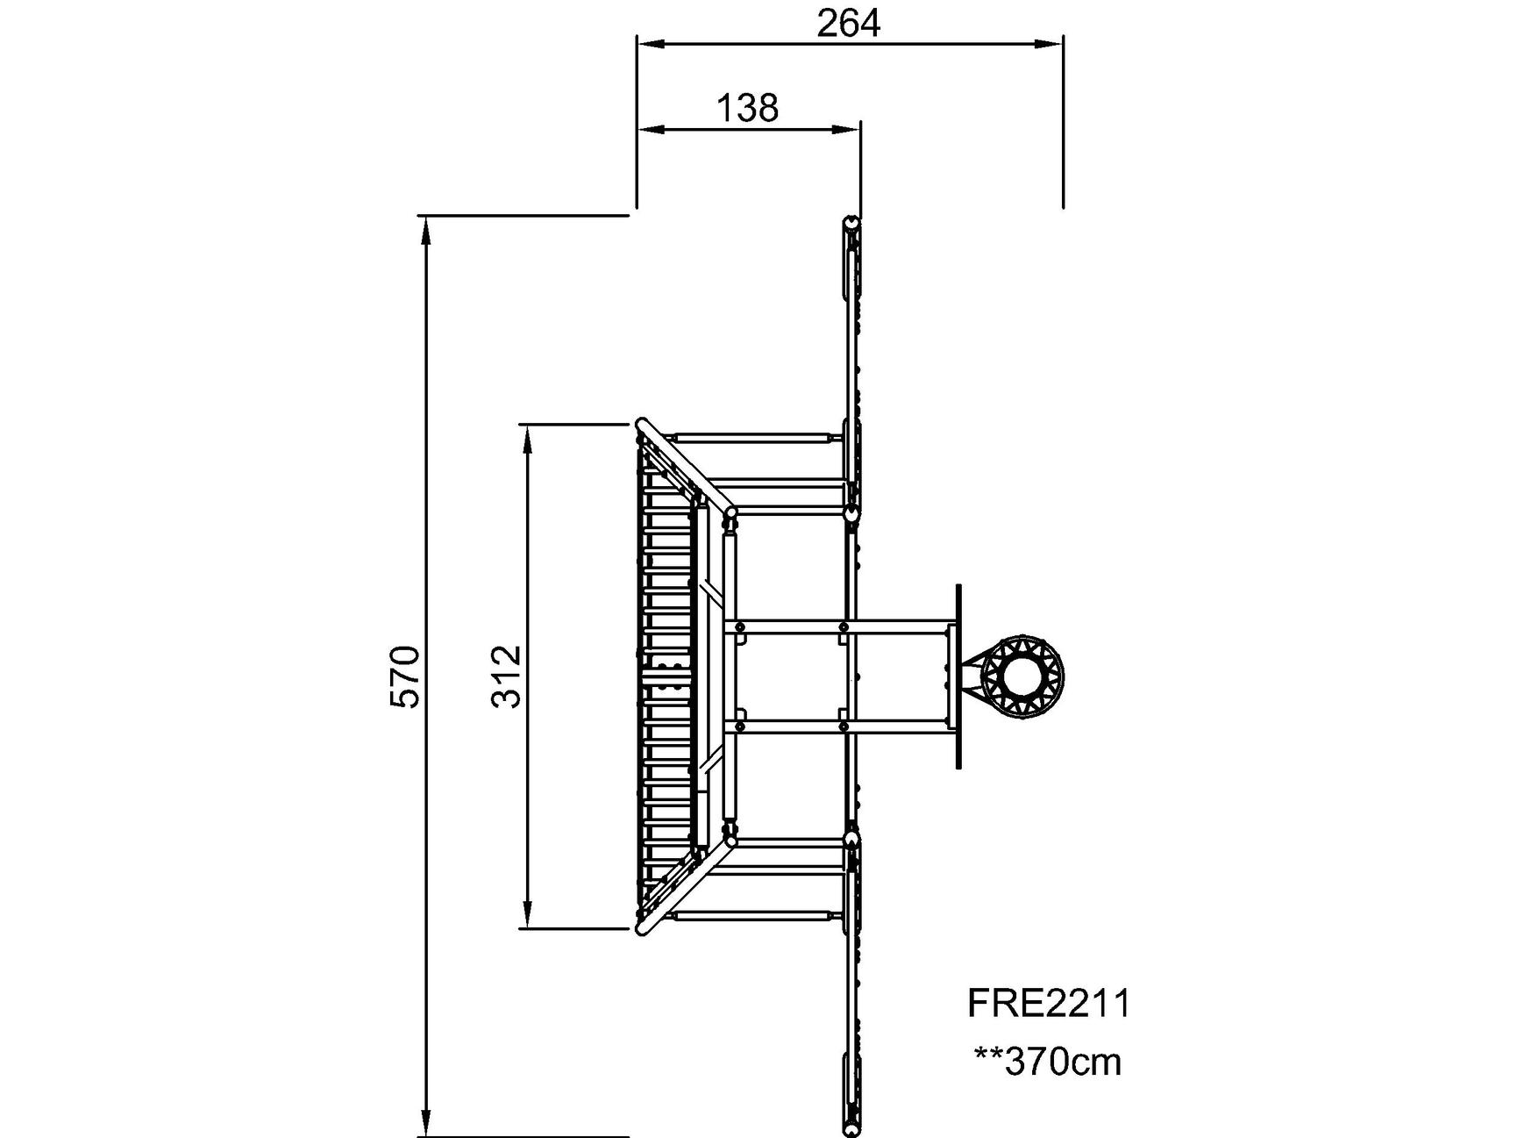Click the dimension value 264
point(848,24)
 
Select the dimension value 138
point(748,108)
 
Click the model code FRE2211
point(1050,1003)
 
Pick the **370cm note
point(1049,1062)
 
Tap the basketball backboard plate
point(958,676)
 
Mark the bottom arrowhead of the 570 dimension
point(426,1124)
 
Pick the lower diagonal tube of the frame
point(687,885)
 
